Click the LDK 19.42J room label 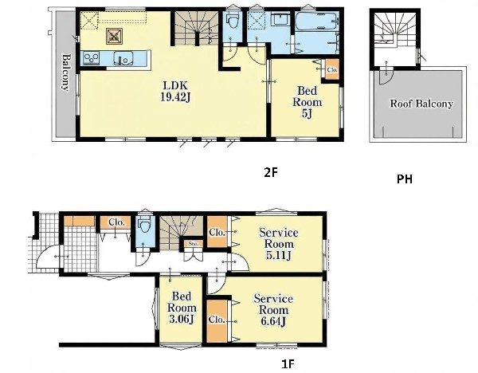coord(175,91)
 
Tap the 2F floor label coord(271,173)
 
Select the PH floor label coord(405,179)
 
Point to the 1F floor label coord(288,364)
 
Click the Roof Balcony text coord(421,104)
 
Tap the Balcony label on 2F coord(66,73)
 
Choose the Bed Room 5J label coord(307,102)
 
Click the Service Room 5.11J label coord(279,244)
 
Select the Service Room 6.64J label coord(273,310)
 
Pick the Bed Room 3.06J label coord(182,308)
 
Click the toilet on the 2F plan coord(233,20)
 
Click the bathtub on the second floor coord(317,21)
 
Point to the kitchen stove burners coord(92,58)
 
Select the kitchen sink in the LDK coord(123,58)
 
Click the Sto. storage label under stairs coord(194,244)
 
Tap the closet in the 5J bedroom coord(332,69)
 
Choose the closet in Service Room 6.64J coord(217,320)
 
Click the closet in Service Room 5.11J coord(217,232)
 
